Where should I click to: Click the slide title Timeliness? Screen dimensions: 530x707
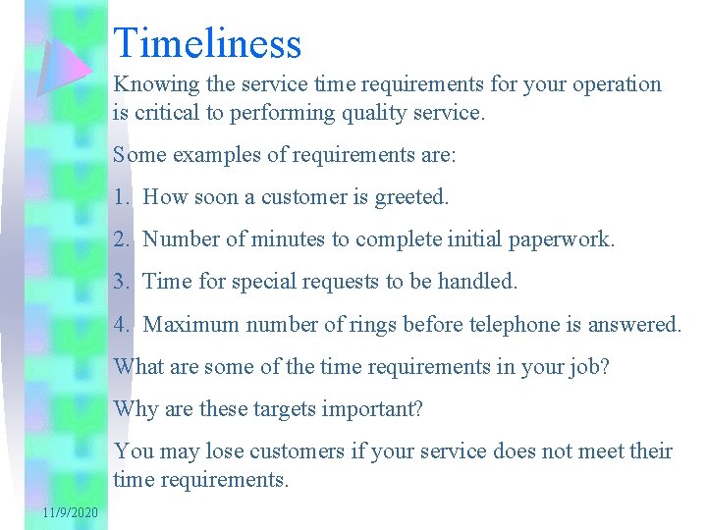click(207, 44)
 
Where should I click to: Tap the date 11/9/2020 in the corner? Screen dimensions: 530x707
click(70, 513)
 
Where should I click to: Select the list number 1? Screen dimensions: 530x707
click(120, 197)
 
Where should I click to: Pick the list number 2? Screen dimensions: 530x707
click(120, 239)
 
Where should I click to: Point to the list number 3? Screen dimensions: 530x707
click(120, 283)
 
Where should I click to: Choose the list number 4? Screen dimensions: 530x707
click(120, 325)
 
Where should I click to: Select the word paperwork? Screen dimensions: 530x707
click(566, 240)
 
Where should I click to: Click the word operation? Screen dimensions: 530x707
click(615, 85)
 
